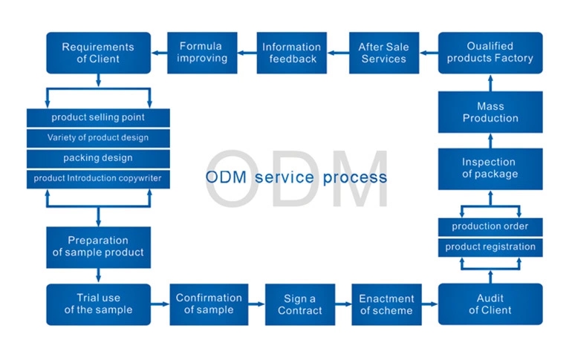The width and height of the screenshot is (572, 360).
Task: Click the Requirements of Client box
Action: [x=98, y=53]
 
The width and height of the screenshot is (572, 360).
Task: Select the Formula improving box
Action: [x=200, y=53]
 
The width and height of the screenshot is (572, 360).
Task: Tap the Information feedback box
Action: [x=292, y=53]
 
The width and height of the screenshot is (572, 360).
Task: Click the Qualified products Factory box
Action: [x=490, y=53]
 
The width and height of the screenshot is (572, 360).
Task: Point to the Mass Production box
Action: [x=490, y=112]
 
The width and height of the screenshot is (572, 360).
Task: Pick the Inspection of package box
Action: [x=490, y=168]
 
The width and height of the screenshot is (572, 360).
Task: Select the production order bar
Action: [x=490, y=226]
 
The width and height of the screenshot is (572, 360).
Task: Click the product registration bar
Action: [x=490, y=246]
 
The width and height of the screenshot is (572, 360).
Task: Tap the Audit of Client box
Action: [x=490, y=304]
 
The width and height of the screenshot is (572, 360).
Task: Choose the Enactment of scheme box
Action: [x=386, y=304]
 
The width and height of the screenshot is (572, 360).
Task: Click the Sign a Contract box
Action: [x=300, y=304]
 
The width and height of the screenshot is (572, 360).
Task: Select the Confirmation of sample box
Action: [x=209, y=304]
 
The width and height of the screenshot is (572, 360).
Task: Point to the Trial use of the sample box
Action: [x=98, y=304]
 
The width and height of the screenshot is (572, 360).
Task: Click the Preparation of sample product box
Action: [x=98, y=246]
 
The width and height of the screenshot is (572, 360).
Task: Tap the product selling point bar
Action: [x=98, y=117]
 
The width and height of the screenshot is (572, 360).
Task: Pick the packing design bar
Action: [x=98, y=158]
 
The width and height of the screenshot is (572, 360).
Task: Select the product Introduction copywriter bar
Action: [x=98, y=178]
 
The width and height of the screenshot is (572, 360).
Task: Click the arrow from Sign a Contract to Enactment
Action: [x=342, y=304]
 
